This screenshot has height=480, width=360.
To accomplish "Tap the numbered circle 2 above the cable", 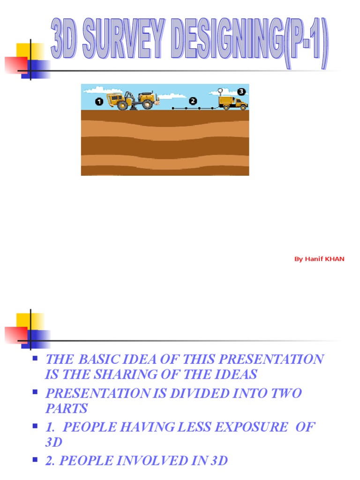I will pos(193,101).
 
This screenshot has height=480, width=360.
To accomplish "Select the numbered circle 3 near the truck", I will pos(241,91).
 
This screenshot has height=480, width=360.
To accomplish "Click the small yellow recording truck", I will pos(233,103).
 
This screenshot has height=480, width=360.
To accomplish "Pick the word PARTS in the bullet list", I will pos(66,408).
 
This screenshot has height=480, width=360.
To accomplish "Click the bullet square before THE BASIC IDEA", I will pos(35,359).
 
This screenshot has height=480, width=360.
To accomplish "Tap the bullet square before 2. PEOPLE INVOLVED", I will pos(35,460).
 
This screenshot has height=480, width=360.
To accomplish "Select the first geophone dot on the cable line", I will pos(173,108).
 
